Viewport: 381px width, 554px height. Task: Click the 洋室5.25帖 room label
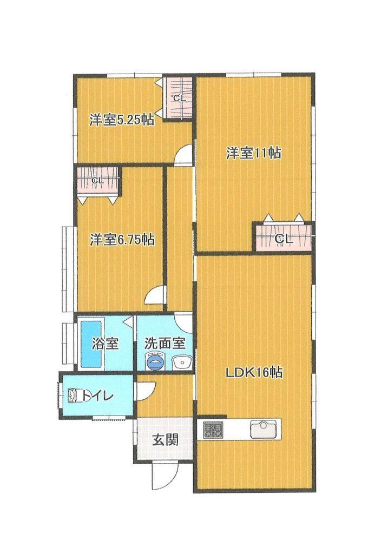pos(122,121)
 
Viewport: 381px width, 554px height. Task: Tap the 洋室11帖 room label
pos(253,153)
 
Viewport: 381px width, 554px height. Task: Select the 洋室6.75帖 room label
pos(122,240)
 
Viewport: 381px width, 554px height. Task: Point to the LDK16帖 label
pos(254,372)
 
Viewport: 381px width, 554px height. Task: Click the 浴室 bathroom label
pos(104,343)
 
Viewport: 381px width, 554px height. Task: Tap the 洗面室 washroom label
pos(165,343)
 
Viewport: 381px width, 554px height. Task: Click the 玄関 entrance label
pos(165,440)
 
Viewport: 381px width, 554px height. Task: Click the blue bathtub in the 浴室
pos(92,344)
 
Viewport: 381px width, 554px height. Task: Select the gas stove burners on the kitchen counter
pos(213,429)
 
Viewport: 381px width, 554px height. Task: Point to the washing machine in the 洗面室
pos(155,361)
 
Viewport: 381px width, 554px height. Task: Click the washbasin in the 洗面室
pos(182,362)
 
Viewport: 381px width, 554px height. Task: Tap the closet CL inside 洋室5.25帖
pos(179,98)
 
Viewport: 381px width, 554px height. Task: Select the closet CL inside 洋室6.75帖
pos(98,180)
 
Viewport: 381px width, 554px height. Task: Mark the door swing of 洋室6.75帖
pos(155,294)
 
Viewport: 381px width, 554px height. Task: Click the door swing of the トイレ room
pos(145,390)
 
